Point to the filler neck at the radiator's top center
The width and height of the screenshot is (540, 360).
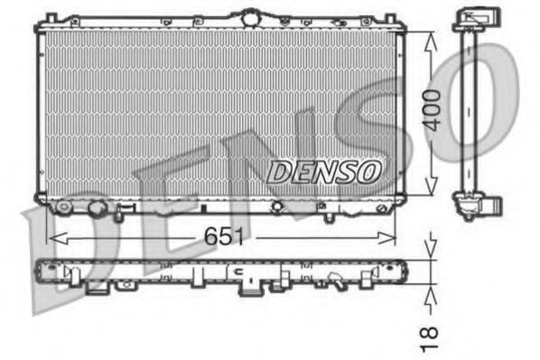click(247, 16)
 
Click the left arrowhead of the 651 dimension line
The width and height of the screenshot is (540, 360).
click(52, 237)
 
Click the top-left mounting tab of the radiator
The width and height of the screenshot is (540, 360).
click(51, 18)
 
